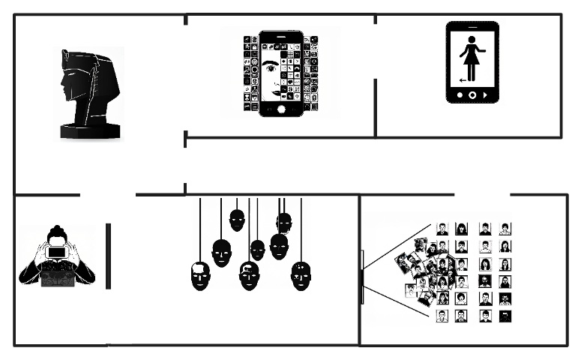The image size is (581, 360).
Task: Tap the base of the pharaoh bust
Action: (90, 132)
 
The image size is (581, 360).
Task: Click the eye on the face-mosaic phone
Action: (271, 67)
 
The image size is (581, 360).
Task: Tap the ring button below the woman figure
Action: (472, 95)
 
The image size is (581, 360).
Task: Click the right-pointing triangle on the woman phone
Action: (487, 95)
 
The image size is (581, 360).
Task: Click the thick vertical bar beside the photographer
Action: (108, 255)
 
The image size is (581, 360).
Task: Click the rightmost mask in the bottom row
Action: (300, 276)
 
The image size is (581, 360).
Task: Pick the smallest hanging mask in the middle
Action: (257, 250)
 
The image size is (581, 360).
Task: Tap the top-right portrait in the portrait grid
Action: (505, 229)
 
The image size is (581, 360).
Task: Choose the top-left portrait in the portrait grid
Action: (442, 229)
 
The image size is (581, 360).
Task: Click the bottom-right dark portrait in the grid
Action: (505, 316)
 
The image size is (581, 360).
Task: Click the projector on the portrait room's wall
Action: (362, 277)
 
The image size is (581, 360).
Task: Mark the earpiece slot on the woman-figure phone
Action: (472, 26)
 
